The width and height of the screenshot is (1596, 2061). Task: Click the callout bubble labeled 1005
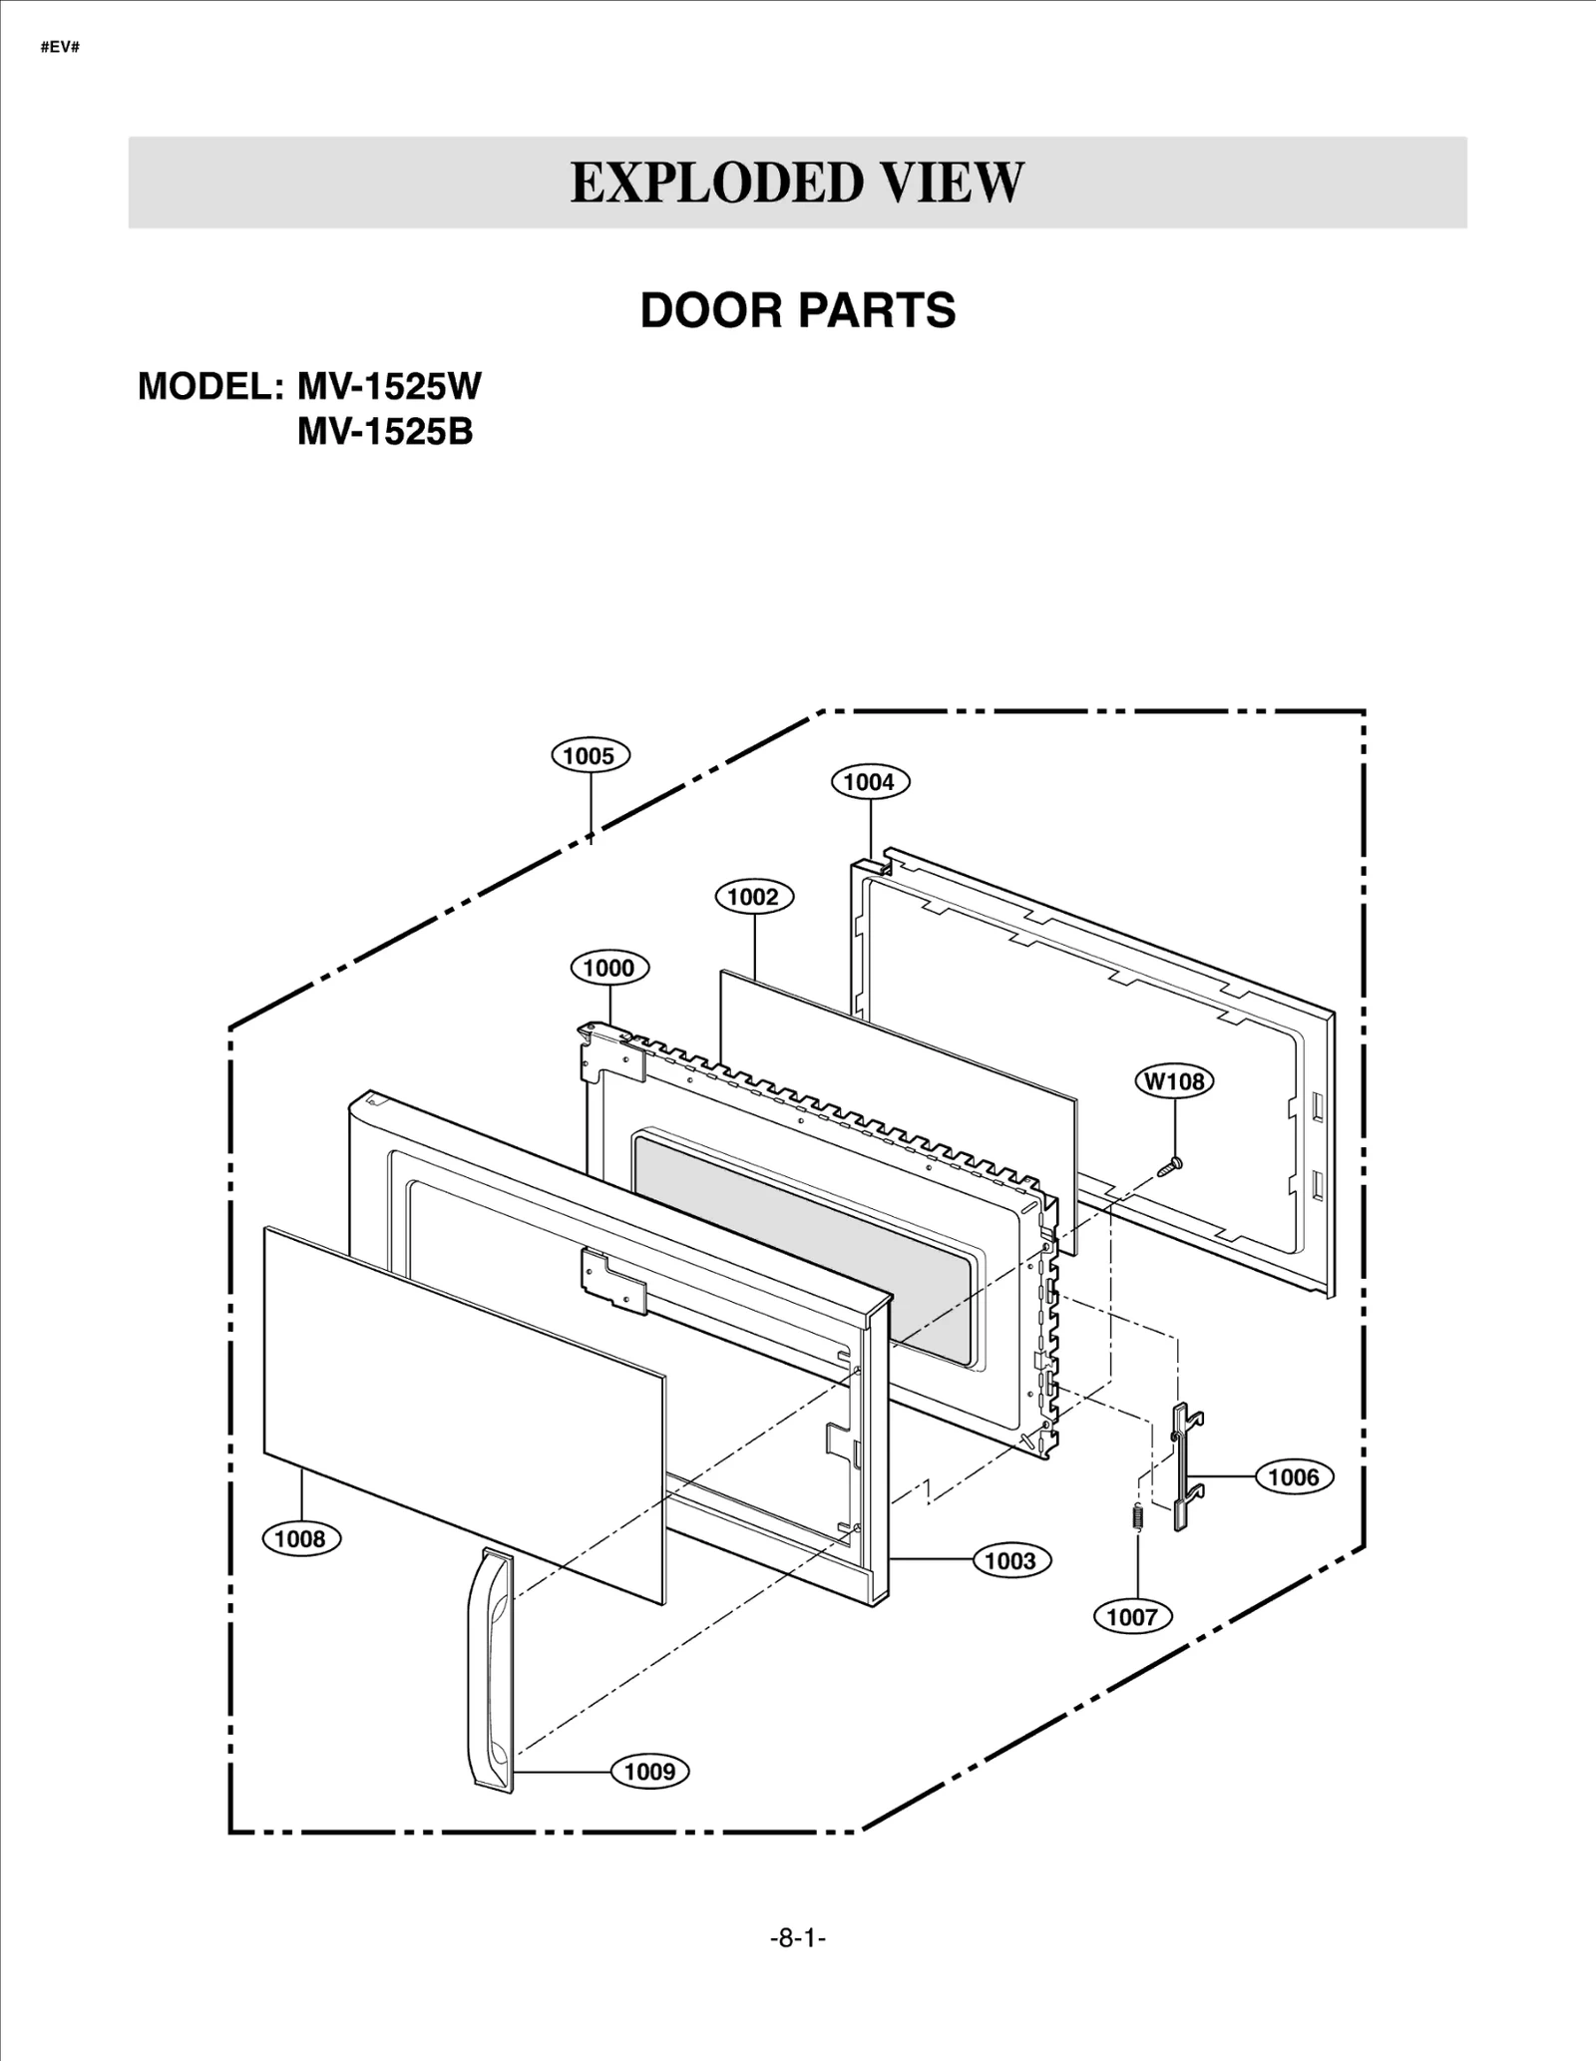[590, 755]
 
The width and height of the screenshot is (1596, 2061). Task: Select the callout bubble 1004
[870, 782]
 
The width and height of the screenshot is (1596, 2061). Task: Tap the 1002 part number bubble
[753, 897]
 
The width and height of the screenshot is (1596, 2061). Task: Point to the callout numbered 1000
[608, 968]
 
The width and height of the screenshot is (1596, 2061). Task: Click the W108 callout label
[1174, 1081]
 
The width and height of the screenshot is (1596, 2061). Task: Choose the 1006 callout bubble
[1293, 1476]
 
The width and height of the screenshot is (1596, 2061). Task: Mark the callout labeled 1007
[1131, 1616]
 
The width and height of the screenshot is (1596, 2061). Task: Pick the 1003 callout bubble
[1010, 1560]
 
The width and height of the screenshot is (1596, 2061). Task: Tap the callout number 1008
[300, 1538]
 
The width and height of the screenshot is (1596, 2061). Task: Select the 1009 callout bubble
[649, 1772]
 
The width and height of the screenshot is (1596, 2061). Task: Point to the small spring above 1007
[1136, 1516]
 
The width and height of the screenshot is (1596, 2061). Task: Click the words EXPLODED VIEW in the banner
[797, 183]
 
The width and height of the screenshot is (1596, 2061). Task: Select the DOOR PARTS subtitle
[797, 310]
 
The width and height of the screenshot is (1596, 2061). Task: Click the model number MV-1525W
[389, 386]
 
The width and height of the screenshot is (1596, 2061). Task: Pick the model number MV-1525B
[385, 432]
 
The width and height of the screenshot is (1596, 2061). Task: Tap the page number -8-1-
[798, 1938]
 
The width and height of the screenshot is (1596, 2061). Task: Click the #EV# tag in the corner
[60, 47]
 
